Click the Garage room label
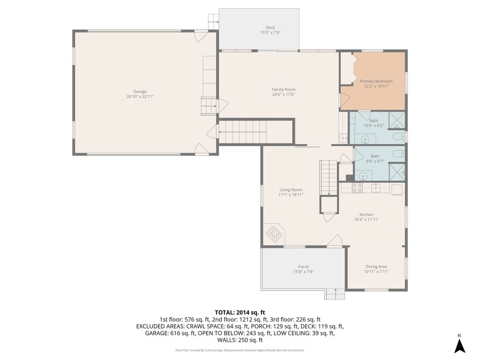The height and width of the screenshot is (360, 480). [x=140, y=91]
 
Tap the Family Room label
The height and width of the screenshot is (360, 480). [x=283, y=90]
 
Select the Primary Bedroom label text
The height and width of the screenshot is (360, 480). [x=376, y=81]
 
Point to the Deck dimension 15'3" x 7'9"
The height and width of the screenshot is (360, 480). [x=270, y=32]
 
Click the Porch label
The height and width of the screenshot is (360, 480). [x=303, y=267]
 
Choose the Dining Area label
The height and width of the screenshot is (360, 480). [x=376, y=266]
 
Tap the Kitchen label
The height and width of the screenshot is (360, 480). [x=367, y=215]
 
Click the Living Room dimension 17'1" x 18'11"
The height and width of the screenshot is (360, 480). [x=291, y=195]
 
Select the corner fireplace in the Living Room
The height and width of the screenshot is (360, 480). [x=274, y=234]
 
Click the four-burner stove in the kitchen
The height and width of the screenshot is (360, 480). [x=357, y=188]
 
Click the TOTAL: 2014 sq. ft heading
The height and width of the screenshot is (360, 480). [x=240, y=313]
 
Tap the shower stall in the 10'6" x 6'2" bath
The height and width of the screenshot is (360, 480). [x=397, y=120]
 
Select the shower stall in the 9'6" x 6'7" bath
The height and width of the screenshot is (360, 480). [x=397, y=172]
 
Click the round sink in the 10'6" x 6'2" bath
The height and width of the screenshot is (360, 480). [x=365, y=140]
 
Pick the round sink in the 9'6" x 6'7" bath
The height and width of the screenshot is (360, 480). [x=363, y=176]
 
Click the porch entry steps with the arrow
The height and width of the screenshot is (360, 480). [x=335, y=294]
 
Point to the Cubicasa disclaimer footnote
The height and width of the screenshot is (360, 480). [x=240, y=350]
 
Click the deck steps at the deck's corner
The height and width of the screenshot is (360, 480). [x=213, y=22]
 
